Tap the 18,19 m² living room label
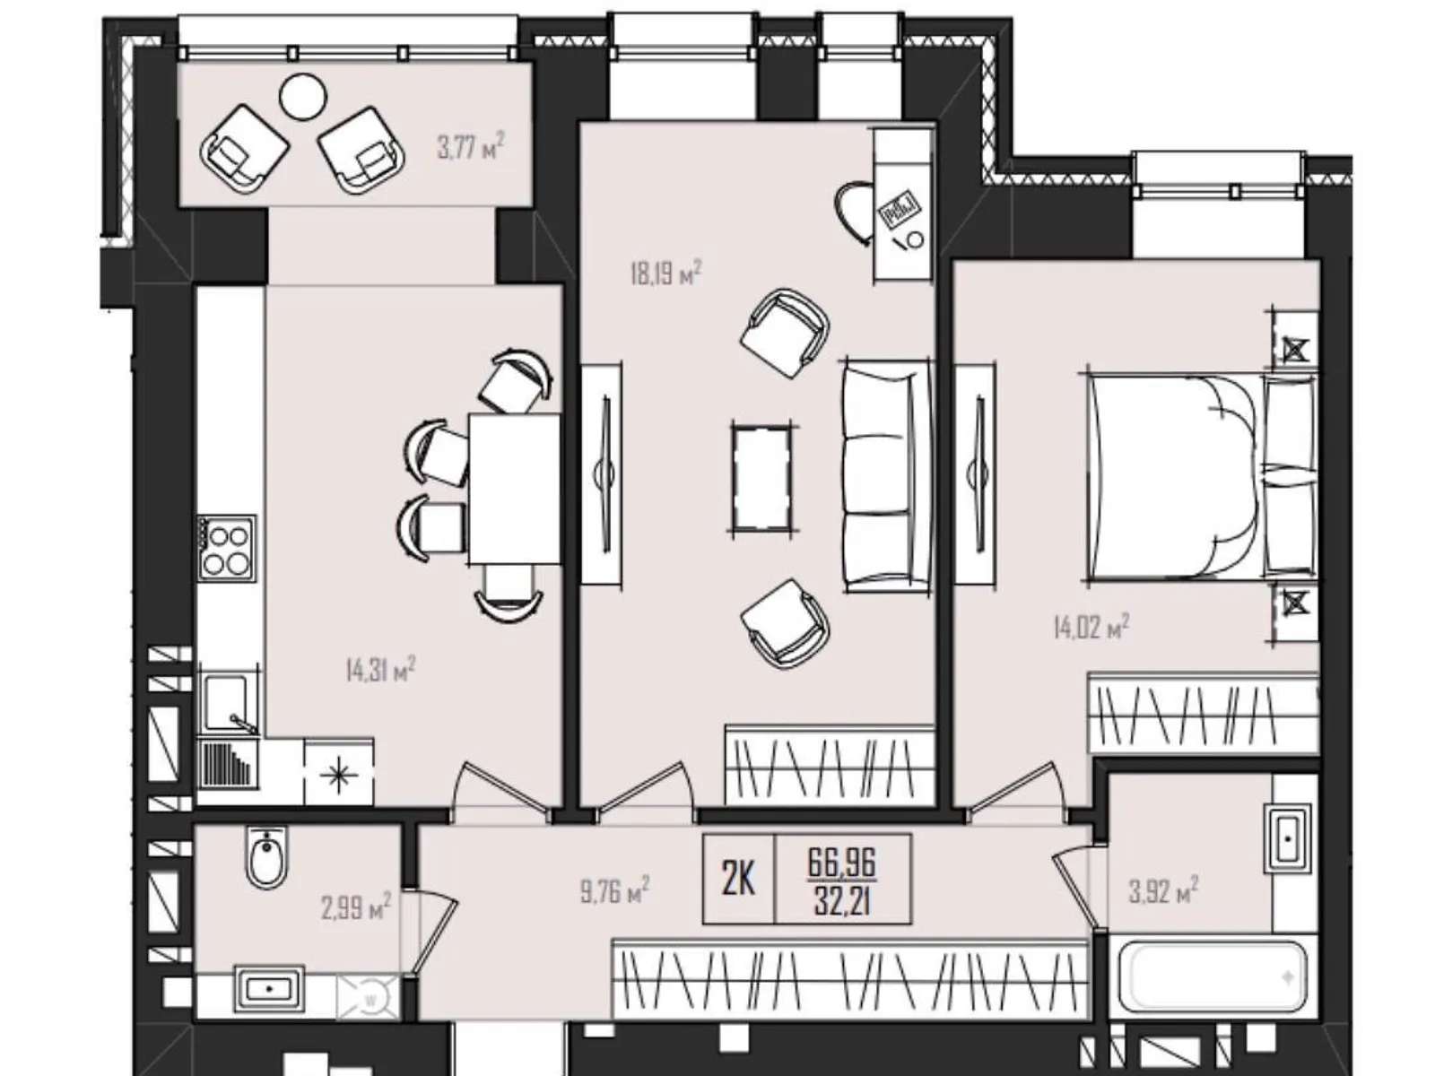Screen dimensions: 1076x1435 click(665, 272)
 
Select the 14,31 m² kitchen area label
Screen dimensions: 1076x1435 click(380, 669)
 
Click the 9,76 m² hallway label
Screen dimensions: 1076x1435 click(614, 890)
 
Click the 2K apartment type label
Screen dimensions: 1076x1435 click(738, 880)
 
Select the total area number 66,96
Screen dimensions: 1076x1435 click(841, 862)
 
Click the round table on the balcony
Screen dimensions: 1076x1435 click(303, 96)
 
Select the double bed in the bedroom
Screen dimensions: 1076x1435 click(1175, 476)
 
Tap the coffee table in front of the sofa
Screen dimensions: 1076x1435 click(761, 478)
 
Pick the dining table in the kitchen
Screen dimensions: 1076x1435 click(514, 489)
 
